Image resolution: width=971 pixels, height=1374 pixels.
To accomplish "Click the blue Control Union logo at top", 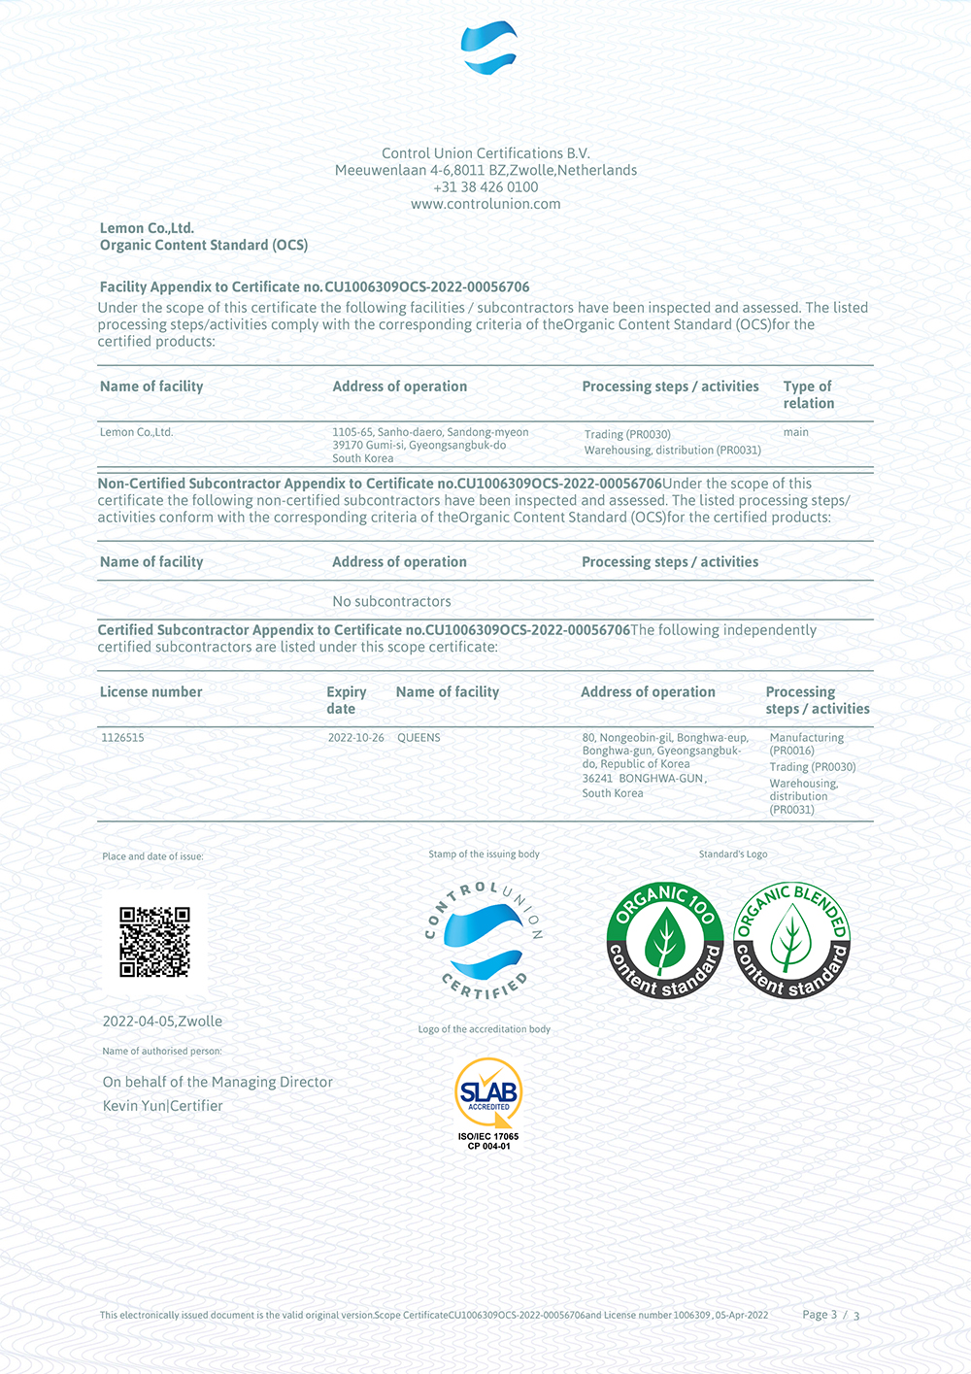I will coord(488,48).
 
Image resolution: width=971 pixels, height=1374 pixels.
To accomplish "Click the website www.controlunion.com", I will coord(485,204).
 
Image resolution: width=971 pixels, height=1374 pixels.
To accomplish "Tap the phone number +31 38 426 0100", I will coord(485,187).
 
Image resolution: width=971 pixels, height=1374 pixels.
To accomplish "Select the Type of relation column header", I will coord(808,394).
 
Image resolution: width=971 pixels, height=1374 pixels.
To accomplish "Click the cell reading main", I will coord(796,432).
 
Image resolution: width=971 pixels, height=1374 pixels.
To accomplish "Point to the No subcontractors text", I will coord(391,601).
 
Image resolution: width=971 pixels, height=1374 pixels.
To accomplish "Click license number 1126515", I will coord(122,738).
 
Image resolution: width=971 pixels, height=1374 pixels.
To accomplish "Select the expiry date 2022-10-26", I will coord(355,738).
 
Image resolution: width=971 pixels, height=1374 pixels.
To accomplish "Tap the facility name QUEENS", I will coord(419,738).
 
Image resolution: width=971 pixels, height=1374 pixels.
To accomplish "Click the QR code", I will coord(154,942).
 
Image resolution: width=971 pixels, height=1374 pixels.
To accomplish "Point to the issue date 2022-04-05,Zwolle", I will coord(162,1022).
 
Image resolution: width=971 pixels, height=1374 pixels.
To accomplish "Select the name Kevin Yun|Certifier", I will coord(163,1106).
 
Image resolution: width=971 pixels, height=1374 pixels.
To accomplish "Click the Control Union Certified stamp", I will coord(484,940).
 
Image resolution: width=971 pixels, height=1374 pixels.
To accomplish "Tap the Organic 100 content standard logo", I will coord(665,940).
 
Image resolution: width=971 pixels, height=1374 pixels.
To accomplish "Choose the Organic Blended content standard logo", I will coord(791,940).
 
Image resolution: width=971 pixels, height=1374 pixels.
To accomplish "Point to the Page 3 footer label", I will coord(820,1315).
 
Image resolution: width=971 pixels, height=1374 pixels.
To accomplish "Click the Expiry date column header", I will coord(346,700).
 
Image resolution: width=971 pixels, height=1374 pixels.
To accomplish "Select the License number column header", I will coord(151,692).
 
